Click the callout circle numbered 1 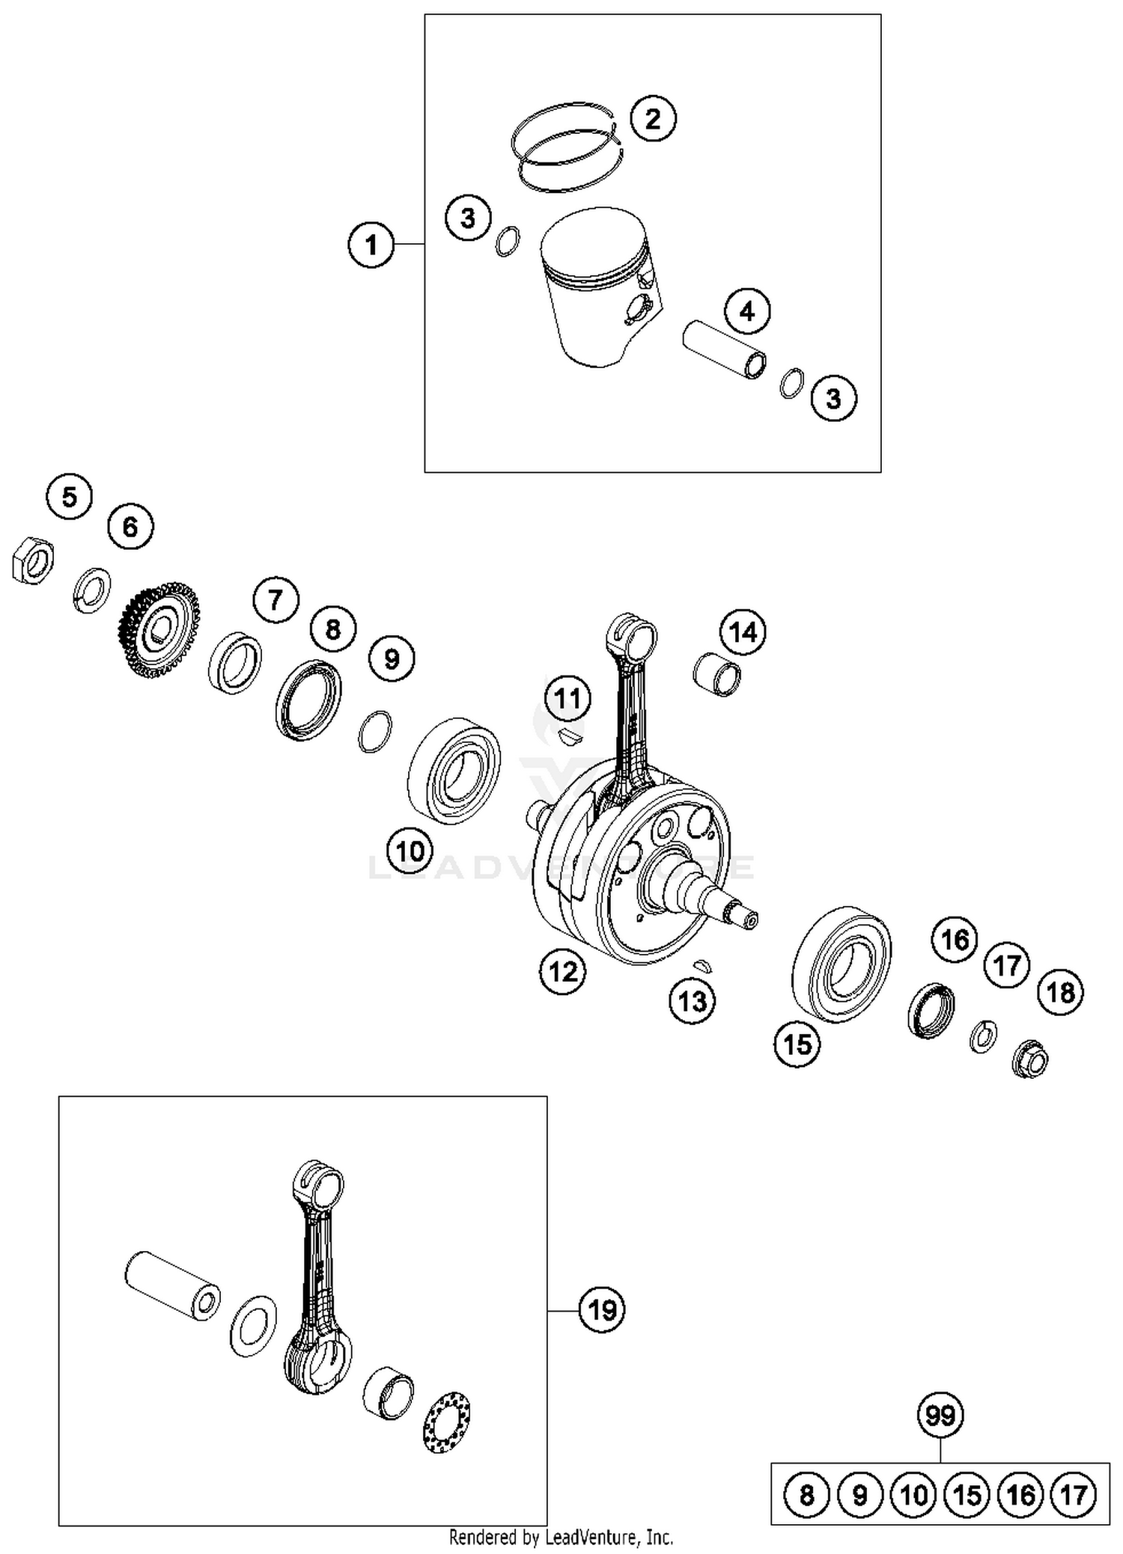click(x=371, y=245)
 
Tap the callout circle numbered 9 click(x=392, y=659)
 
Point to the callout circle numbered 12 click(x=562, y=971)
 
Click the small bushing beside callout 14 click(x=717, y=673)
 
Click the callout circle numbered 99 click(x=940, y=1416)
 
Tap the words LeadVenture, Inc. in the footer click(x=609, y=1538)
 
